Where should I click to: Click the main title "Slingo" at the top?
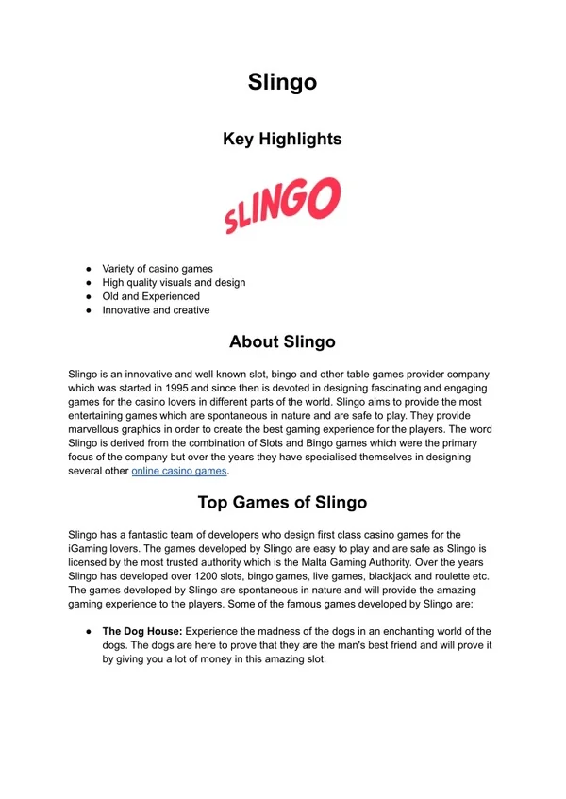pos(282,82)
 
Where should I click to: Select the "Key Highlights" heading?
pos(282,139)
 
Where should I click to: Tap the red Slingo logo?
pos(282,206)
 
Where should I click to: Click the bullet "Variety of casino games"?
pos(158,269)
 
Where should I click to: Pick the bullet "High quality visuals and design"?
pos(174,282)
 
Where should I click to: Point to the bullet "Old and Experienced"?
pos(151,296)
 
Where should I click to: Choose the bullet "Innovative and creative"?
pos(156,309)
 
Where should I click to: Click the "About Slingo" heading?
pos(282,341)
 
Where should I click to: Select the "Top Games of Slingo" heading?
pos(282,502)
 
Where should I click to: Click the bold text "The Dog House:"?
pos(140,631)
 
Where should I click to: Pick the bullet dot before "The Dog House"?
pos(87,631)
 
